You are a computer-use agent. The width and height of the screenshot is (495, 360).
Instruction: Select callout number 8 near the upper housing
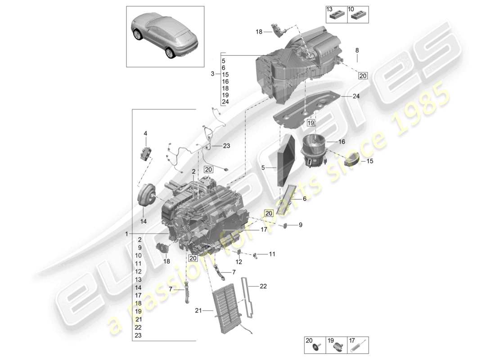(x=357, y=50)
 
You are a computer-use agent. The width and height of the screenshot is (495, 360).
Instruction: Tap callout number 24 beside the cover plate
(x=356, y=96)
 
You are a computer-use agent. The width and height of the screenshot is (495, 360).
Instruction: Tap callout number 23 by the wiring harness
(x=226, y=145)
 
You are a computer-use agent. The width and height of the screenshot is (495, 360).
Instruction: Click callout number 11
(x=272, y=254)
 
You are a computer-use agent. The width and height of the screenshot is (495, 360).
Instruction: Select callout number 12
(x=239, y=261)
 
